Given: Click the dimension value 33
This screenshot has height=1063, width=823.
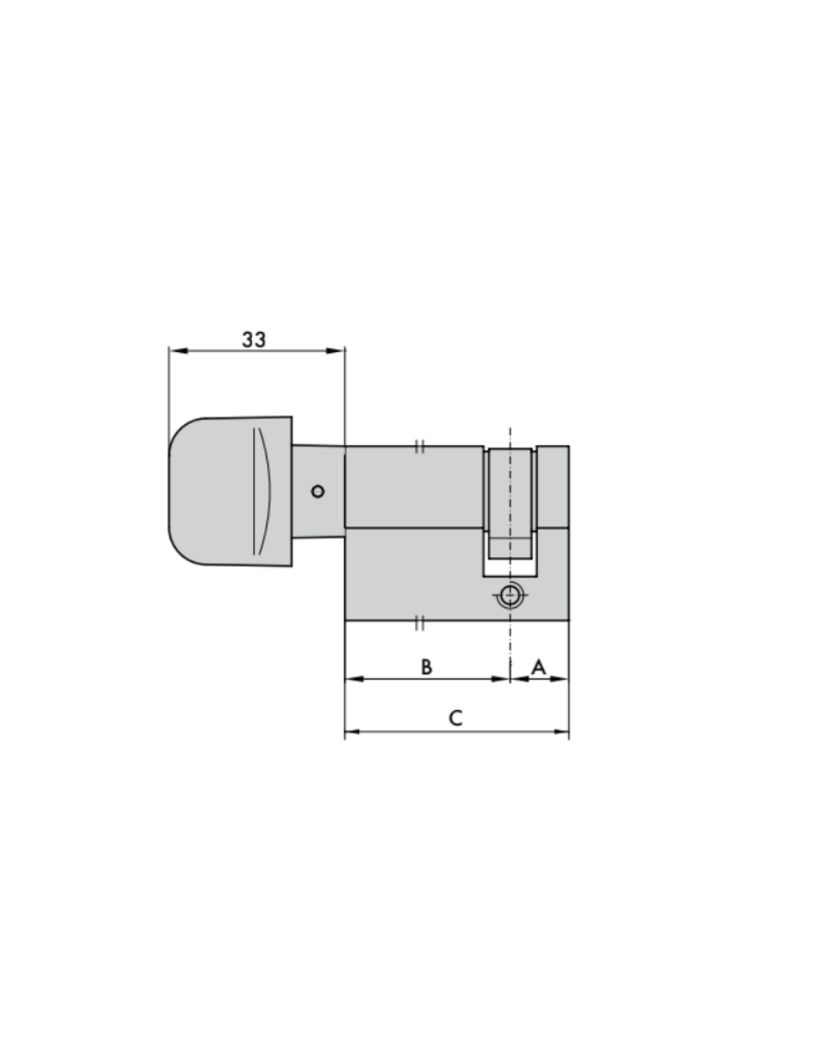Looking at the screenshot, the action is tap(254, 339).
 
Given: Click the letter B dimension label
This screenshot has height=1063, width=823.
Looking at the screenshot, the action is tap(426, 666).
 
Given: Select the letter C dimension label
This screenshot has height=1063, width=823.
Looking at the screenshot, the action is tap(456, 718).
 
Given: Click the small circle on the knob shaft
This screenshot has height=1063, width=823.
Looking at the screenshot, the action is tap(318, 491).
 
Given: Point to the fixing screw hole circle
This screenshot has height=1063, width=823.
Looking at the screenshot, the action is tap(510, 596).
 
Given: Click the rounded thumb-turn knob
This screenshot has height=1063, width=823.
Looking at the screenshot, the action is tap(230, 492).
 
